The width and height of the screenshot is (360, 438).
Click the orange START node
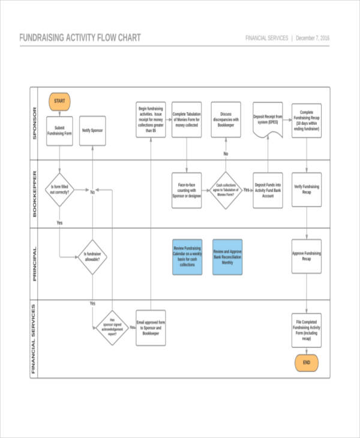tap(59, 101)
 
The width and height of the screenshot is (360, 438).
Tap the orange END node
tap(306, 362)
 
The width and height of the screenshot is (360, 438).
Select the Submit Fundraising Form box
tap(59, 131)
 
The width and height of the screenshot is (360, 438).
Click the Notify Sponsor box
tap(92, 131)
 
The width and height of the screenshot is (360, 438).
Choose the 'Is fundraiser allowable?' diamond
tap(92, 257)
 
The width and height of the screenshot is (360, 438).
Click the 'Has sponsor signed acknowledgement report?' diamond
tap(112, 328)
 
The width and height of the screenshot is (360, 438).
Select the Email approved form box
tap(151, 328)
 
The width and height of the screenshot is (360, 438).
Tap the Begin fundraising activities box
tap(151, 119)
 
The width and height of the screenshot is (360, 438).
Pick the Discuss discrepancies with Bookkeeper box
tap(226, 119)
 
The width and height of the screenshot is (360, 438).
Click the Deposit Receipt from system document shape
tap(268, 119)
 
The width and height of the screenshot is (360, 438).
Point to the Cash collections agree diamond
tap(226, 190)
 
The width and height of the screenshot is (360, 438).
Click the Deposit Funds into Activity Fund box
tap(268, 190)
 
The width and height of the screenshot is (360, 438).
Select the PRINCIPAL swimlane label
tap(35, 264)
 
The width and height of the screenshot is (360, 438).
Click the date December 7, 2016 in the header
tap(313, 38)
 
